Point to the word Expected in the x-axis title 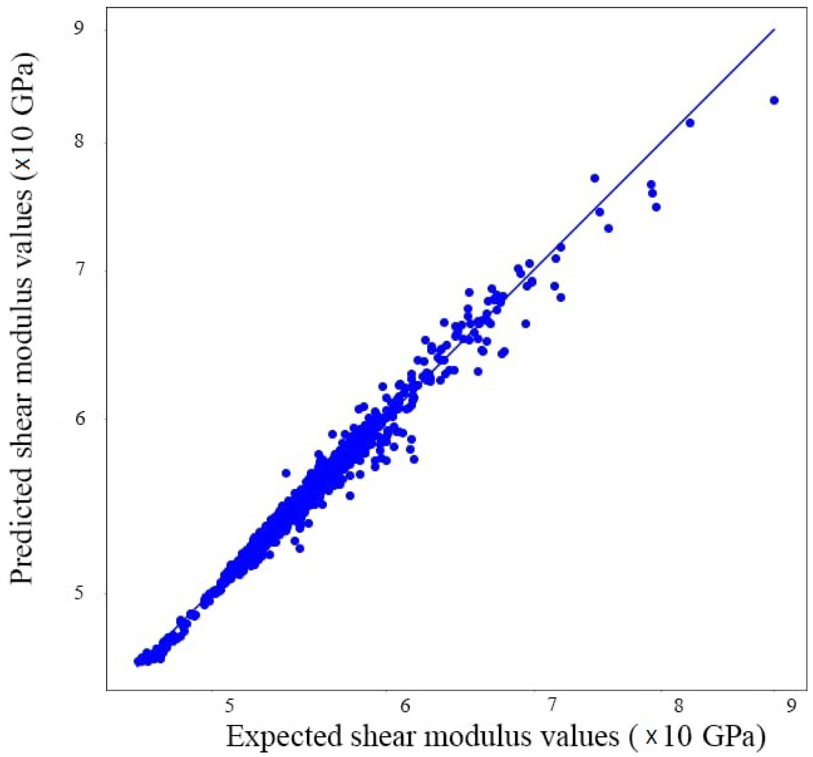284,737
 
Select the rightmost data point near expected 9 774,100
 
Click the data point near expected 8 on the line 690,123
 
